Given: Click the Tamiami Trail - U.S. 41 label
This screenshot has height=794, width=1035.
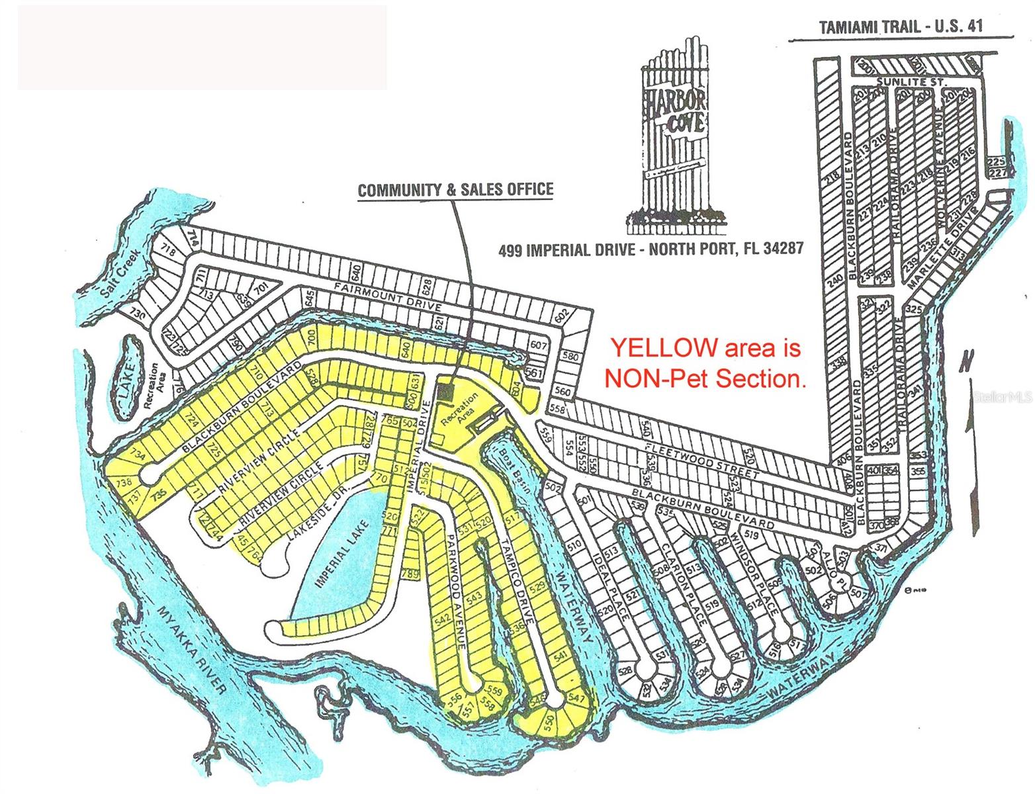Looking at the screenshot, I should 901,27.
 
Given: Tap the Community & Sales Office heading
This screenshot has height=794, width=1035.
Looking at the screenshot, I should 455,190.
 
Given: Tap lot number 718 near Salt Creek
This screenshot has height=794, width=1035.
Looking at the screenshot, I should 168,251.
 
